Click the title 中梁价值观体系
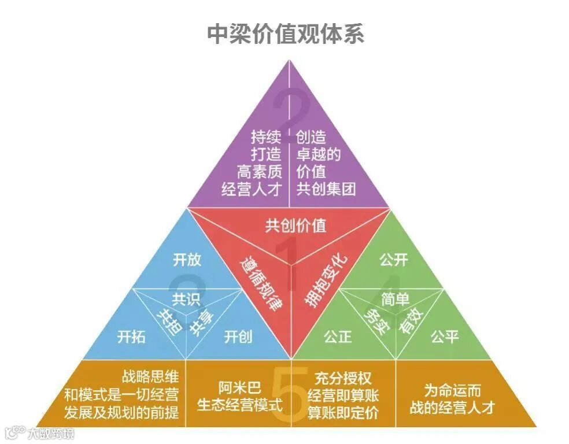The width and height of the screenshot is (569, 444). point(285,34)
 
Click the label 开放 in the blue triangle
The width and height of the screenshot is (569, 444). point(187,259)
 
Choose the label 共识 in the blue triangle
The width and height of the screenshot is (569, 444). point(186,299)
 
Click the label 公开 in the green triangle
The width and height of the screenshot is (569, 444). point(394,260)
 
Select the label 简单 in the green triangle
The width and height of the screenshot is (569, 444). point(396,299)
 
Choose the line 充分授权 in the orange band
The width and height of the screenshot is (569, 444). point(343,379)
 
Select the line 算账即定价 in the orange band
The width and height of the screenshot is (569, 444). point(343,412)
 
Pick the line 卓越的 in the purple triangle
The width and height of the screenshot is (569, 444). point(319,154)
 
